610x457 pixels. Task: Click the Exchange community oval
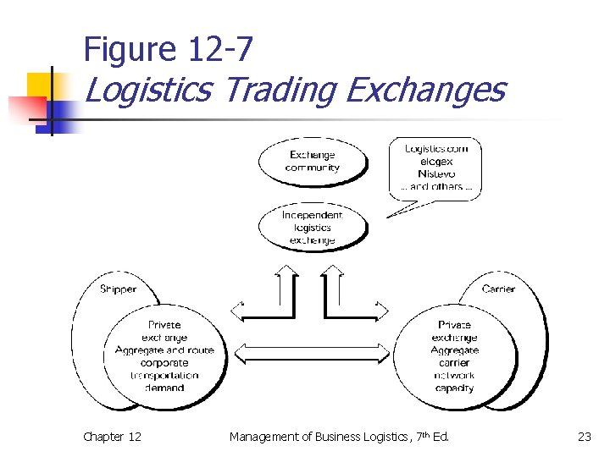pyautogui.click(x=312, y=161)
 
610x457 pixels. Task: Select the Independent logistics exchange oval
pyautogui.click(x=312, y=227)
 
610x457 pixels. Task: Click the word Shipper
pyautogui.click(x=118, y=289)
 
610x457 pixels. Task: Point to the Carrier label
pyautogui.click(x=498, y=289)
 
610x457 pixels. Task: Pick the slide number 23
pyautogui.click(x=585, y=437)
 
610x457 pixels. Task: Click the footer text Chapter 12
pyautogui.click(x=112, y=437)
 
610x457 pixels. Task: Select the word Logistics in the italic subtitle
pyautogui.click(x=148, y=89)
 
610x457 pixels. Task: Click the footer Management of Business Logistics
pyautogui.click(x=339, y=437)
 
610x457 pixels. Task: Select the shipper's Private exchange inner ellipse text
pyautogui.click(x=164, y=331)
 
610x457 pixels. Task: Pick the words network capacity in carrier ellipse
pyautogui.click(x=454, y=382)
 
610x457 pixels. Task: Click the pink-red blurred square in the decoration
pyautogui.click(x=25, y=110)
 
